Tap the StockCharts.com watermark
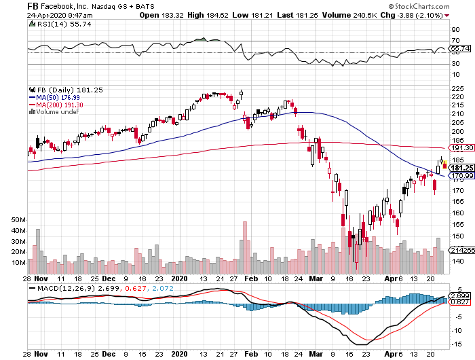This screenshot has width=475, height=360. pyautogui.click(x=440, y=14)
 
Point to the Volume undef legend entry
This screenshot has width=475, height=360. pyautogui.click(x=52, y=111)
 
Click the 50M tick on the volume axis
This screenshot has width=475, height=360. pyautogui.click(x=18, y=220)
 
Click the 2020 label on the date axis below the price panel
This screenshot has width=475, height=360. pyautogui.click(x=179, y=278)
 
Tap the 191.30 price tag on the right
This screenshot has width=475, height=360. pyautogui.click(x=461, y=147)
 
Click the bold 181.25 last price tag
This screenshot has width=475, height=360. pyautogui.click(x=461, y=168)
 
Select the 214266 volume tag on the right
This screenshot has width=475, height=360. pyautogui.click(x=461, y=251)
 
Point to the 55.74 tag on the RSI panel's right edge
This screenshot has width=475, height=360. pyautogui.click(x=461, y=48)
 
